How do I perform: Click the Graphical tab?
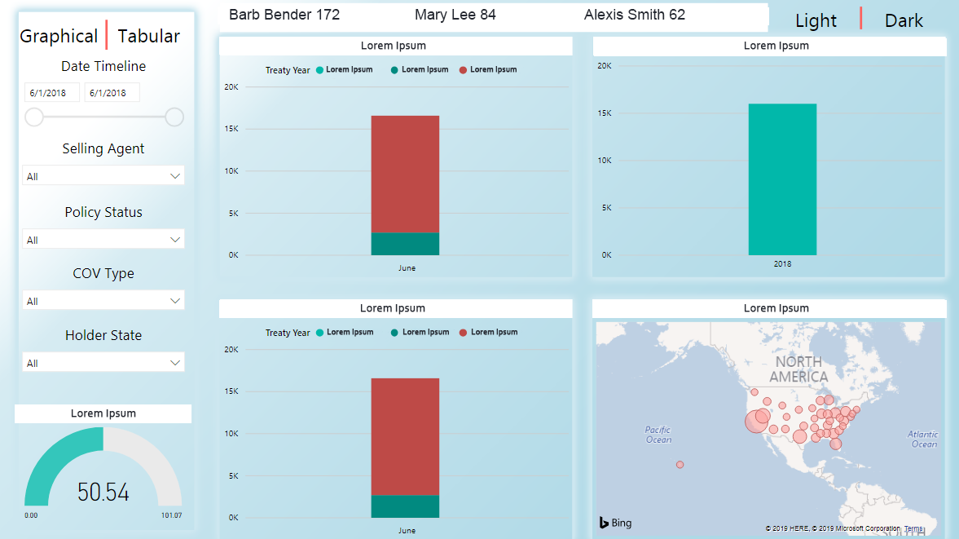tap(59, 36)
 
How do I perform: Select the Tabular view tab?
tap(149, 36)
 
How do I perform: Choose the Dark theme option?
tap(904, 20)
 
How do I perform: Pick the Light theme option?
tap(816, 20)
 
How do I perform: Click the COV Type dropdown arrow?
tap(175, 301)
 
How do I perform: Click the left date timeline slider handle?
tap(34, 117)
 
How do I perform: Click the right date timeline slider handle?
tap(174, 117)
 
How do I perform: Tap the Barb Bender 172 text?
tap(284, 15)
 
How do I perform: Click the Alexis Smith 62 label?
tap(635, 15)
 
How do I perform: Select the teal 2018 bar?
tap(782, 179)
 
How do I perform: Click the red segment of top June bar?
tap(405, 174)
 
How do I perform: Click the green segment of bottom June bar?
tap(405, 506)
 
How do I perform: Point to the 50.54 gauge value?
tap(103, 492)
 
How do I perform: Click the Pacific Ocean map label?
tap(658, 435)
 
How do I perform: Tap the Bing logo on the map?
tap(616, 523)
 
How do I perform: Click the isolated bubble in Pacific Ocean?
tap(680, 465)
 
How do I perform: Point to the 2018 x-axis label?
tap(782, 264)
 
